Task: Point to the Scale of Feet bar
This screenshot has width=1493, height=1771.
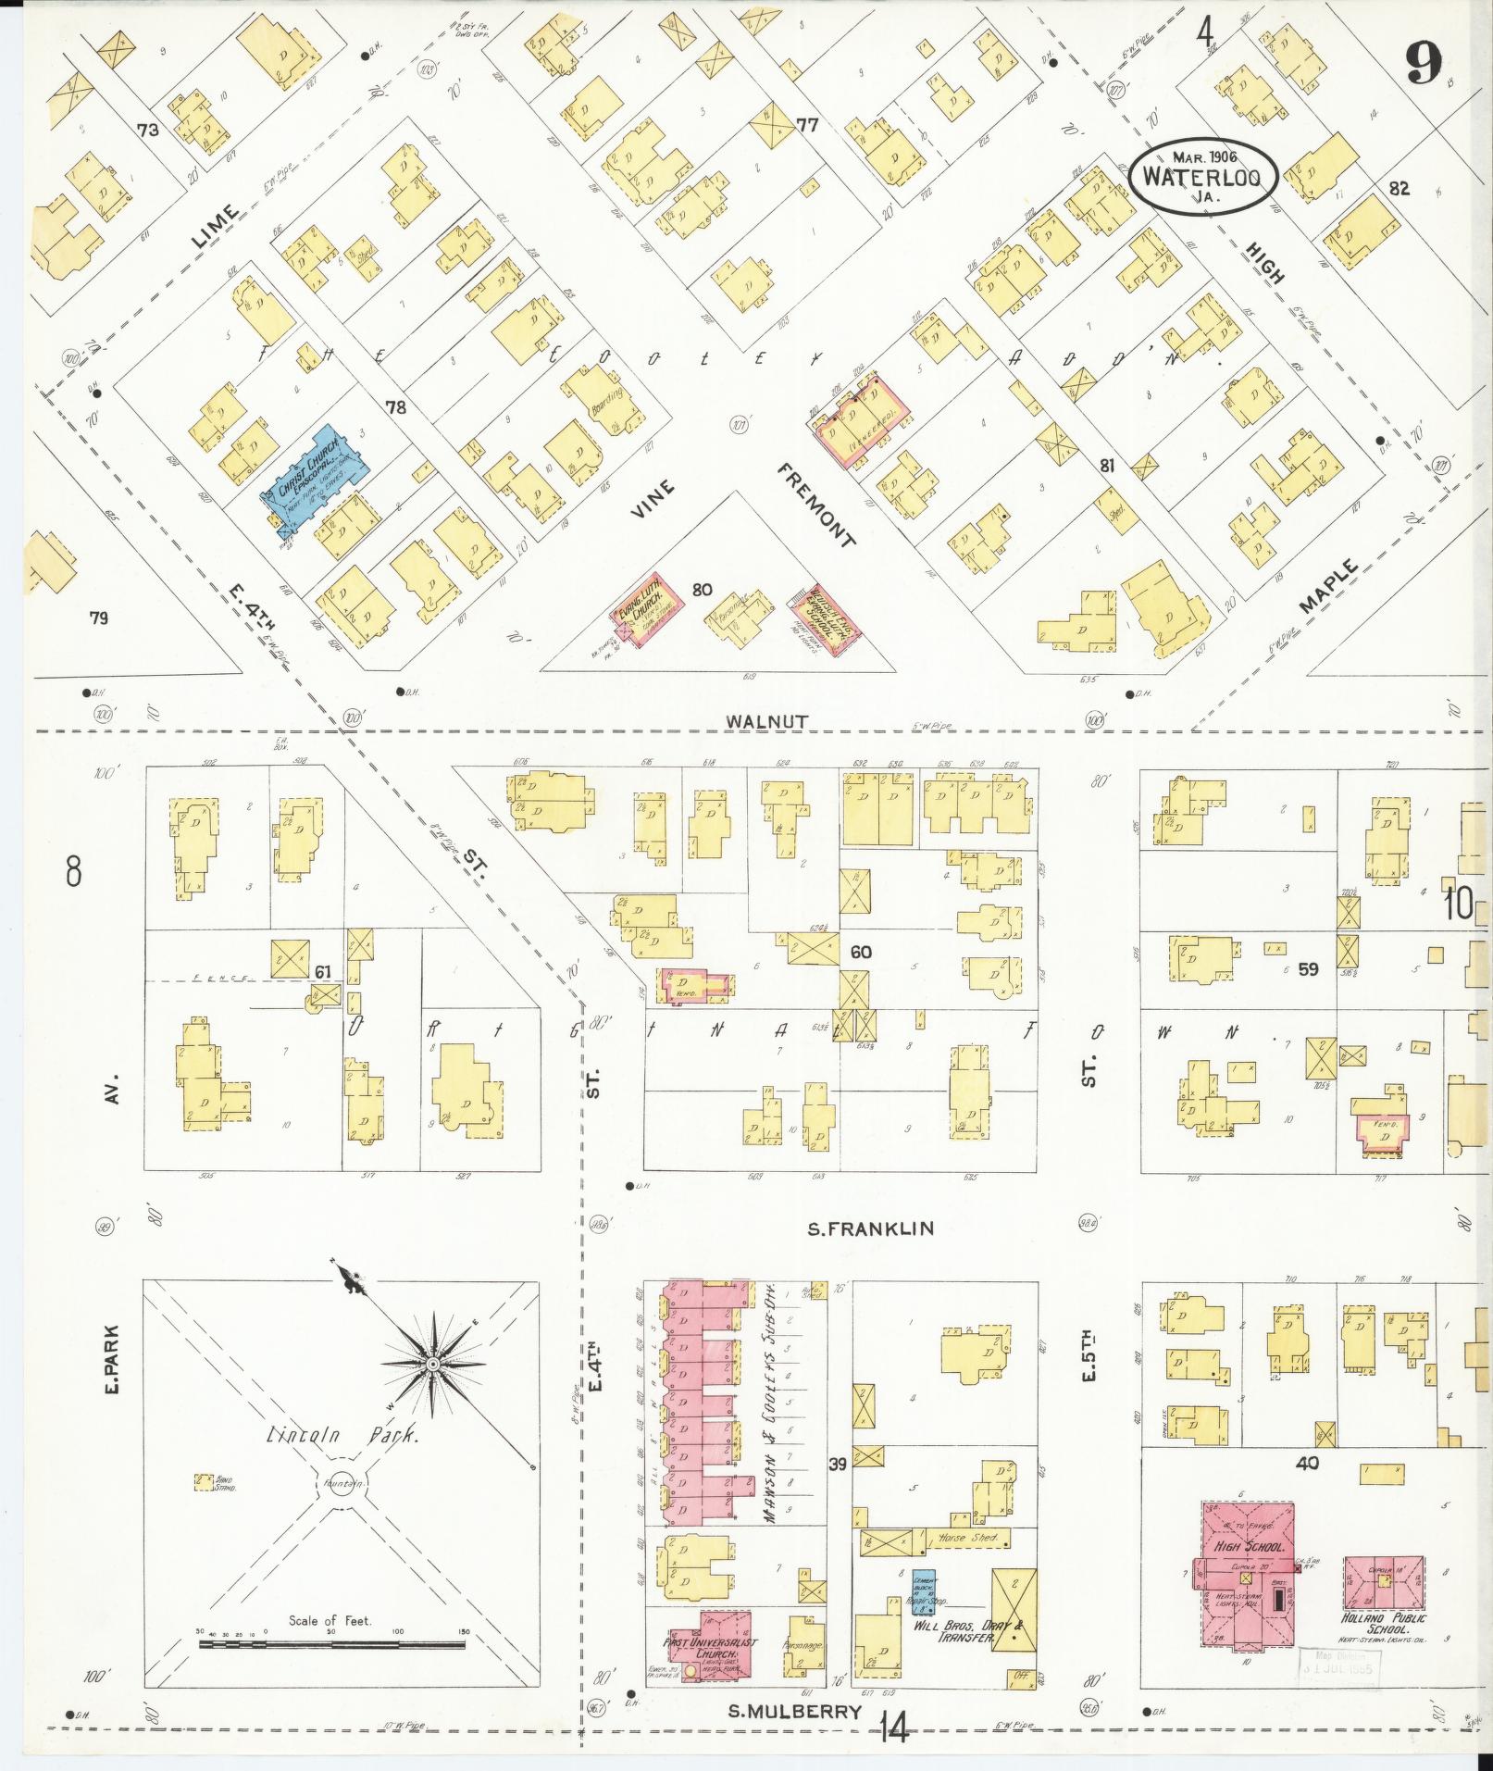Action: (x=331, y=1645)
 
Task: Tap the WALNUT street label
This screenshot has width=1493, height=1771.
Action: (x=767, y=719)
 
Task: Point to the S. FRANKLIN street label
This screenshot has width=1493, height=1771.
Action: (x=869, y=1228)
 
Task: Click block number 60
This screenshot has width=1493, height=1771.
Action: (x=862, y=952)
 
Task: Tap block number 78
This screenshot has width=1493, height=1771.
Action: (x=396, y=406)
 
